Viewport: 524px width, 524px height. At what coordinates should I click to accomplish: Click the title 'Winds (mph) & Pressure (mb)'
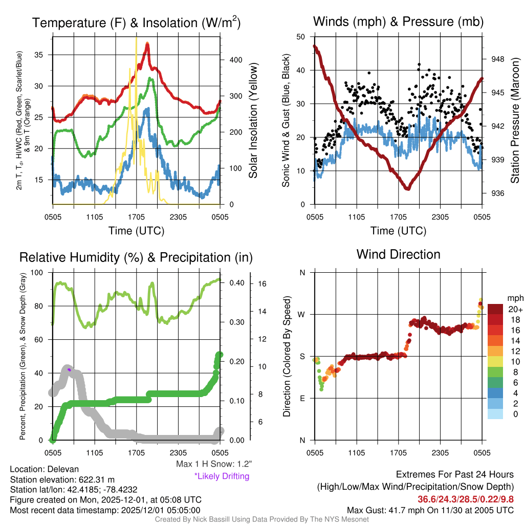point(398,21)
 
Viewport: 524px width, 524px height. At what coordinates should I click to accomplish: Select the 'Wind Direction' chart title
point(398,254)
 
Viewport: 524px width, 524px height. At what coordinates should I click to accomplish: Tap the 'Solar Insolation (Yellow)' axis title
point(253,121)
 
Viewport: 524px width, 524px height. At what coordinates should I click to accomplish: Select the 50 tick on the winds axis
point(301,37)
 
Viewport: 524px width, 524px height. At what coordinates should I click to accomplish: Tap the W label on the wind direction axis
point(302,314)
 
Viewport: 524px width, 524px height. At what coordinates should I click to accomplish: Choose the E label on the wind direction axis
point(302,398)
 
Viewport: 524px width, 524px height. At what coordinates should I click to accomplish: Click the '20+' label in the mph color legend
point(515,309)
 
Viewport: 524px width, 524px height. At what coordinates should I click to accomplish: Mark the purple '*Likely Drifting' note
point(222,476)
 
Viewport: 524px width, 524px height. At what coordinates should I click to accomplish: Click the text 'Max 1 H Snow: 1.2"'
point(213,465)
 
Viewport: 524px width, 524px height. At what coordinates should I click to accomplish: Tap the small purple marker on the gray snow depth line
point(69,369)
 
